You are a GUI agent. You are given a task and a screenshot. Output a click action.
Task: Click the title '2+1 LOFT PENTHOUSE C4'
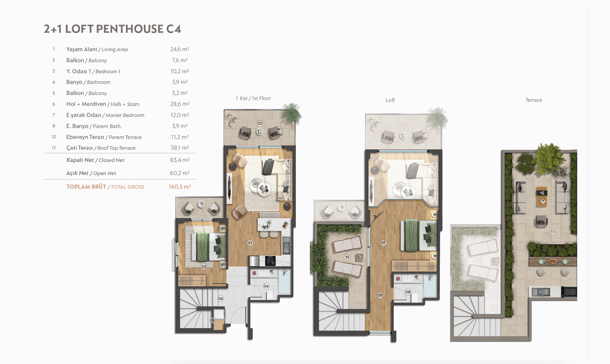[x=112, y=29]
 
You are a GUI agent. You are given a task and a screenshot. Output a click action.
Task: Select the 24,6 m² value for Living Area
[x=180, y=49]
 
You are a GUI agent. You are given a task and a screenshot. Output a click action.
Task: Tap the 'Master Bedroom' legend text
[x=125, y=115]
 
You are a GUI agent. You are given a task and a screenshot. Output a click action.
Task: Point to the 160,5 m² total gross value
[x=180, y=187]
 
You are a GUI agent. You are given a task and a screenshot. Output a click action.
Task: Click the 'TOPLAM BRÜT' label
[x=86, y=187]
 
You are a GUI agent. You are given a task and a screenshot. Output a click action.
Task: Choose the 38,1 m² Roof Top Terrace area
[x=180, y=148]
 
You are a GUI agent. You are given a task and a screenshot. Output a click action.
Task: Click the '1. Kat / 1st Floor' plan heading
[x=253, y=98]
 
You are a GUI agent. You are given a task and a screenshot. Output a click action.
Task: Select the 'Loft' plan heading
[x=390, y=100]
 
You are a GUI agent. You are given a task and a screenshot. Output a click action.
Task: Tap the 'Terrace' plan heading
[x=533, y=100]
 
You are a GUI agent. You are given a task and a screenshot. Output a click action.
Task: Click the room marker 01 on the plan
[x=250, y=243]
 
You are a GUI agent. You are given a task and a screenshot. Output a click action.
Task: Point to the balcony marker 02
[x=260, y=123]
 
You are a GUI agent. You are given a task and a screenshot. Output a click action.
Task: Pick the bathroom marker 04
[x=266, y=286]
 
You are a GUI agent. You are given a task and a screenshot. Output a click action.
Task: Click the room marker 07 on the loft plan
[x=383, y=243]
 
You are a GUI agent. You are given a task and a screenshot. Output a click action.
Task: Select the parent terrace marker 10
[x=347, y=257]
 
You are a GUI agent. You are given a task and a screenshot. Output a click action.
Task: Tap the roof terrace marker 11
[x=552, y=232]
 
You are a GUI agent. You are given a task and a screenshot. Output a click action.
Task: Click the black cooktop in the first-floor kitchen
[x=270, y=261]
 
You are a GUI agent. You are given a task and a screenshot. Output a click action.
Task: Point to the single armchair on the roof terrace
[x=541, y=221]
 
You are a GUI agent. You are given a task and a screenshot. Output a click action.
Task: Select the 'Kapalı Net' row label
[x=80, y=160]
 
